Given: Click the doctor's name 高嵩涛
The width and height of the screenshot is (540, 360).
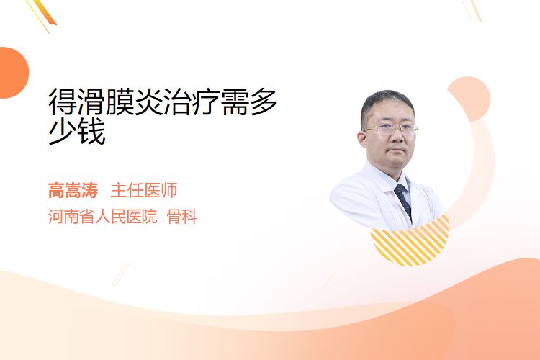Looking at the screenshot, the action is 73,191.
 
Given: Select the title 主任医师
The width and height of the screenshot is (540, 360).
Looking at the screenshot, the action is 143,191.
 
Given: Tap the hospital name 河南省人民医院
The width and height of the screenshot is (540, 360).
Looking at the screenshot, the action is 102,216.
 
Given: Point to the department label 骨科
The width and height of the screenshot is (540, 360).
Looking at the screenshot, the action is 181,216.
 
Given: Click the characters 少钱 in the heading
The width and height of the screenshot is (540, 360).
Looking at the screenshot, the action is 77,132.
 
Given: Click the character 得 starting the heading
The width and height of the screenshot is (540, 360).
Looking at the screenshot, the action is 63,102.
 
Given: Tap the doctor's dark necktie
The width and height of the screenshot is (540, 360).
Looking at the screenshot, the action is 404,201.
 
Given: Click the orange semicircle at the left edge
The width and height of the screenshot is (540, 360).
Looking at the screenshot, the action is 13,73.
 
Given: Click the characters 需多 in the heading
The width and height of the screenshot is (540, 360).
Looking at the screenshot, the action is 249,102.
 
